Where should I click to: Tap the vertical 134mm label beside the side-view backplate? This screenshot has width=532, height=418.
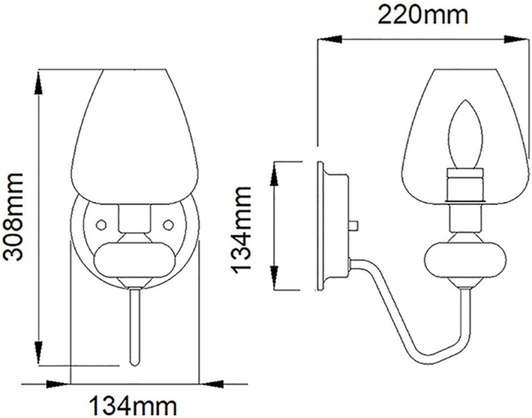(x=242, y=227)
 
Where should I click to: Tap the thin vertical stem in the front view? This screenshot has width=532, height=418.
(x=135, y=327)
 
